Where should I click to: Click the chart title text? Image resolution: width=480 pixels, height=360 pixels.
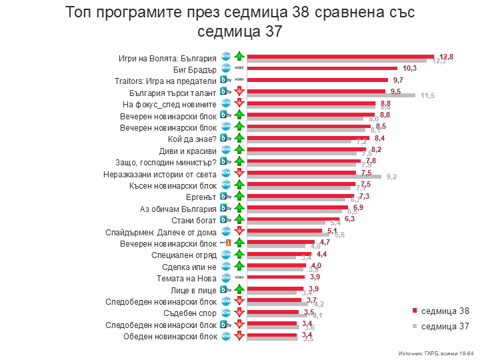(240, 21)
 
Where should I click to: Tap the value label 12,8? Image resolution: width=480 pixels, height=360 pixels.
(446, 56)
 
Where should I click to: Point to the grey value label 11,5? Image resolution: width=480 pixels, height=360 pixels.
(428, 96)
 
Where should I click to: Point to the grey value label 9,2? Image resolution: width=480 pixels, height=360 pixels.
(391, 177)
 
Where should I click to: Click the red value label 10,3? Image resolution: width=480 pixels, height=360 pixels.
(409, 69)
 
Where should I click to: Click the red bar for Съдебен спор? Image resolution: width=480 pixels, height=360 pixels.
(273, 311)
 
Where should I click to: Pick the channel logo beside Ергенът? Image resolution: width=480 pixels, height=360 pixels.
(226, 197)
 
